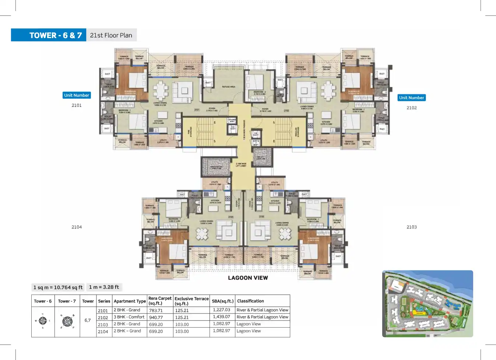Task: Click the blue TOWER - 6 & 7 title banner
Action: (x=49, y=35)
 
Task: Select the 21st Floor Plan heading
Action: (x=111, y=35)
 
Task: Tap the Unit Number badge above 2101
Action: (x=77, y=95)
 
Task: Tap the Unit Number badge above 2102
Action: (x=411, y=98)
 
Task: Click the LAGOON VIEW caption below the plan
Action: (x=248, y=278)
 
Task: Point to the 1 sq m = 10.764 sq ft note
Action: (x=58, y=287)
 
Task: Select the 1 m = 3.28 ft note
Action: (x=104, y=287)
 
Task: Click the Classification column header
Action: (x=250, y=301)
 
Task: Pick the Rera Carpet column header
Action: (x=160, y=301)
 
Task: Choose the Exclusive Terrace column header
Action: (x=191, y=301)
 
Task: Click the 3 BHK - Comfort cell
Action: (x=129, y=317)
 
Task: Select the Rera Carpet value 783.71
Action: (x=156, y=311)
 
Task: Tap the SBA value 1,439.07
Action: (x=221, y=317)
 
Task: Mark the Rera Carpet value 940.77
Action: (x=156, y=318)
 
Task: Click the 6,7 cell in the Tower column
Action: (x=88, y=321)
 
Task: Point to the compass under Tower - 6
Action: (x=43, y=321)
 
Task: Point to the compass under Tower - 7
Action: (x=67, y=322)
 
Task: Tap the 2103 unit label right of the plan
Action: (x=411, y=227)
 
